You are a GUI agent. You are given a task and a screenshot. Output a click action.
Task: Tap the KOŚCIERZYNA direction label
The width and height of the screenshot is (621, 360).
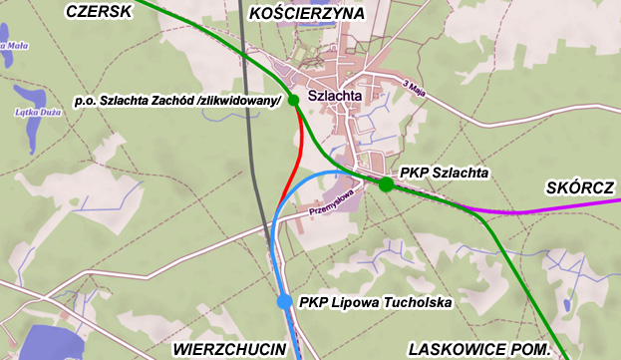308,13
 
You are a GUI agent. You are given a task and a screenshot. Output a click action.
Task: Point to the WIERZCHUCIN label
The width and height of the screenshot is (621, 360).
229,349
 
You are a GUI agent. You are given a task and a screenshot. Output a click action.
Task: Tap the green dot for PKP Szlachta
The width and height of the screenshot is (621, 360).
386,183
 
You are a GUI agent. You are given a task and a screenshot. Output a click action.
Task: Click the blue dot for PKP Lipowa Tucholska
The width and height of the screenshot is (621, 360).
284,301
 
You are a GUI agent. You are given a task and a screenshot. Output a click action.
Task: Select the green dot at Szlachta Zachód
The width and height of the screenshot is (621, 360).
293,100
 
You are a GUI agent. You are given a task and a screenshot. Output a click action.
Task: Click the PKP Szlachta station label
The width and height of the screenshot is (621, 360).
444,173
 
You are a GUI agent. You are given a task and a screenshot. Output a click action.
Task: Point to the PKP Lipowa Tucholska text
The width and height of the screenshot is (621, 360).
376,302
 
